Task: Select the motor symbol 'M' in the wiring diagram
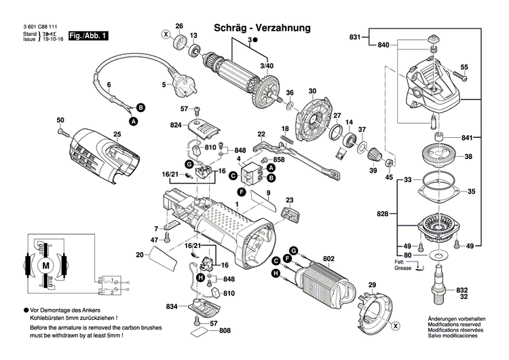tap(46, 264)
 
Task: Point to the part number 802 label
tap(328, 258)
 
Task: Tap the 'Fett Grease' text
tap(403, 266)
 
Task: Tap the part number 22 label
tap(261, 134)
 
